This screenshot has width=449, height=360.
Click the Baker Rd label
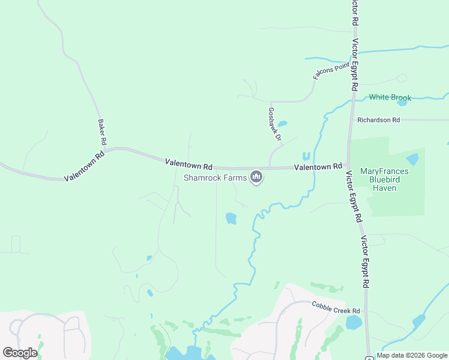click(101, 132)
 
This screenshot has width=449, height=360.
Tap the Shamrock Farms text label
click(215, 178)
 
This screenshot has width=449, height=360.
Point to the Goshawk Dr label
click(274, 124)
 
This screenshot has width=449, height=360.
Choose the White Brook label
click(390, 97)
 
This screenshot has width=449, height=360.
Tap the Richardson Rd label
click(378, 120)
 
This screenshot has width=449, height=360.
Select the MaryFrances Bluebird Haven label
click(384, 179)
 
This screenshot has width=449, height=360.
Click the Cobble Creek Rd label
click(336, 308)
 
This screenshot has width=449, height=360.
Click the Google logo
click(20, 352)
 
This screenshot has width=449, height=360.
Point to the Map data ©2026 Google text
click(412, 355)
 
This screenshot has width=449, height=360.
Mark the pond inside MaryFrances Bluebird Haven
click(412, 159)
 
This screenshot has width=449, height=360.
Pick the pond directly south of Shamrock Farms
click(231, 218)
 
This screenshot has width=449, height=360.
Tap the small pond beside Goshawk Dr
click(282, 124)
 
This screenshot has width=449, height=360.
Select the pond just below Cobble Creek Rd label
click(354, 322)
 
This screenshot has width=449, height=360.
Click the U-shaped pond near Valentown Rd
click(306, 156)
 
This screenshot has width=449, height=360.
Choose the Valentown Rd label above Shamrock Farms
click(189, 163)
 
